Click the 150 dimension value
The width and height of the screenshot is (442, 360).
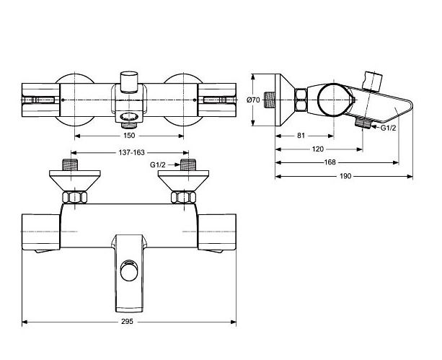[x=129, y=136]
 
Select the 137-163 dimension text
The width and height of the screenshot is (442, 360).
[x=131, y=153]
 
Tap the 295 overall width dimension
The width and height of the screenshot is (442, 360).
[x=127, y=321]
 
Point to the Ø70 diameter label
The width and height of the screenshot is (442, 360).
[x=253, y=100]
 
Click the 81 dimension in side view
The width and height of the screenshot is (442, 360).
[x=301, y=136]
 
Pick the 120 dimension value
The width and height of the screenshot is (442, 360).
[x=318, y=149]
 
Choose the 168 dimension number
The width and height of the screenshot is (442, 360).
[x=330, y=162]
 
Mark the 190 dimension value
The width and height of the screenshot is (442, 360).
[x=345, y=176]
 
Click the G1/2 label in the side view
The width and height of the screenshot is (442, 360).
[x=388, y=128]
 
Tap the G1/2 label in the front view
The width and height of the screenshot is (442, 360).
[x=158, y=165]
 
